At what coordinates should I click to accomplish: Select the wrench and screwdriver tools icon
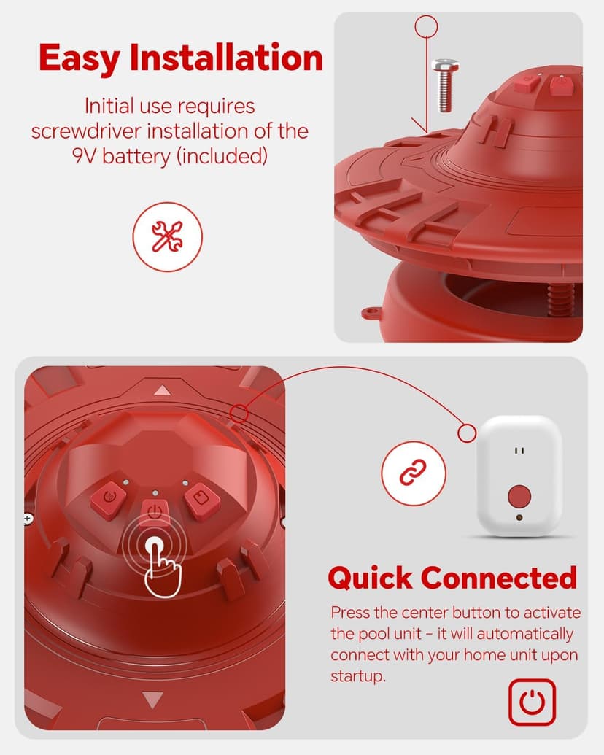click(x=167, y=237)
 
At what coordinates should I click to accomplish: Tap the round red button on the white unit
click(x=519, y=497)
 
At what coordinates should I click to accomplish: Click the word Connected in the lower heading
click(x=499, y=578)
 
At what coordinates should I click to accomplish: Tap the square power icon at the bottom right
click(x=532, y=702)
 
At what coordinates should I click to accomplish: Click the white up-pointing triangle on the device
click(x=161, y=390)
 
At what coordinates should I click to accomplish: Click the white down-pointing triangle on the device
click(x=152, y=700)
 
